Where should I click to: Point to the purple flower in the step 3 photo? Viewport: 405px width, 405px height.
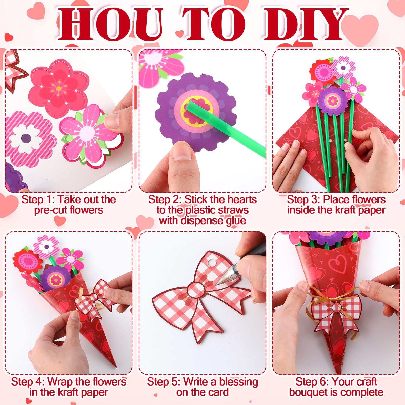click(x=332, y=101)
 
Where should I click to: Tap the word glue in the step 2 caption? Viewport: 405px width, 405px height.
click(x=236, y=220)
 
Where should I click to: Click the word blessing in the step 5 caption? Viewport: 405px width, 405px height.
click(x=238, y=382)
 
